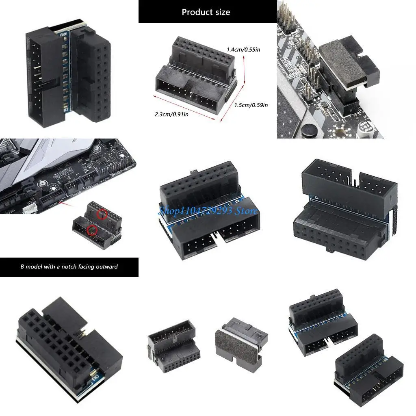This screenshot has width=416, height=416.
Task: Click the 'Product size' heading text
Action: pos(206,12)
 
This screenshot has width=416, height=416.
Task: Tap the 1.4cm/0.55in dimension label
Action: pos(243,50)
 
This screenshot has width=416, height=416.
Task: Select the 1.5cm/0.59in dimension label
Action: pos(251,105)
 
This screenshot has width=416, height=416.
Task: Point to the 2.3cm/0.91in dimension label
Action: pos(171,114)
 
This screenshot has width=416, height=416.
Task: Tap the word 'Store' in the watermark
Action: pos(246,211)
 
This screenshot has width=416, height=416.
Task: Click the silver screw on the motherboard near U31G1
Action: pos(42,184)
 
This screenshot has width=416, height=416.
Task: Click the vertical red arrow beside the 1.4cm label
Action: pos(244,71)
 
